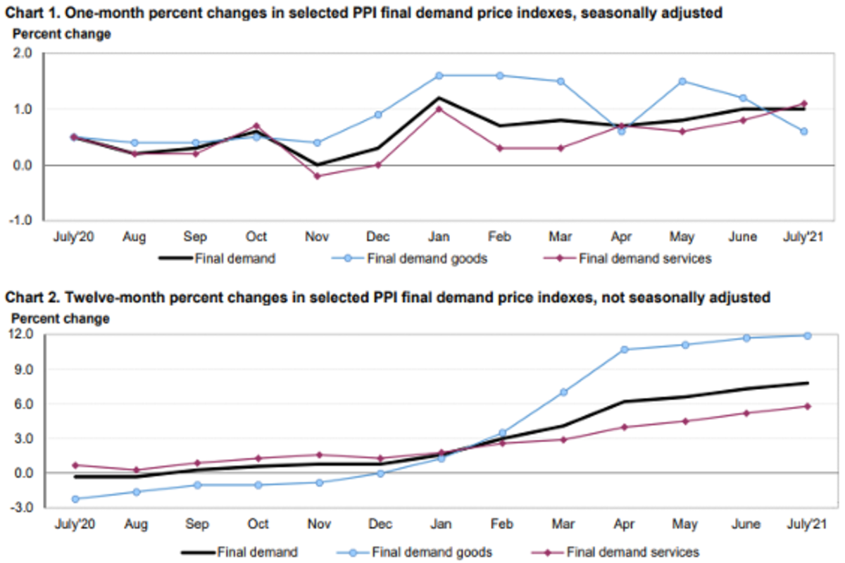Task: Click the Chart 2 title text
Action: click(x=387, y=298)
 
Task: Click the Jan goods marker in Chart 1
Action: click(x=439, y=75)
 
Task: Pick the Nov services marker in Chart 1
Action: click(x=317, y=176)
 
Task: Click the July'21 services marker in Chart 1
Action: click(x=803, y=103)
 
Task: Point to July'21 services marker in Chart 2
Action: click(x=808, y=406)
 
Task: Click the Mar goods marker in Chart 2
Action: click(x=563, y=392)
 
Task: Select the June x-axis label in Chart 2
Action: click(x=746, y=524)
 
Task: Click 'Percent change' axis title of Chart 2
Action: click(x=61, y=319)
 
